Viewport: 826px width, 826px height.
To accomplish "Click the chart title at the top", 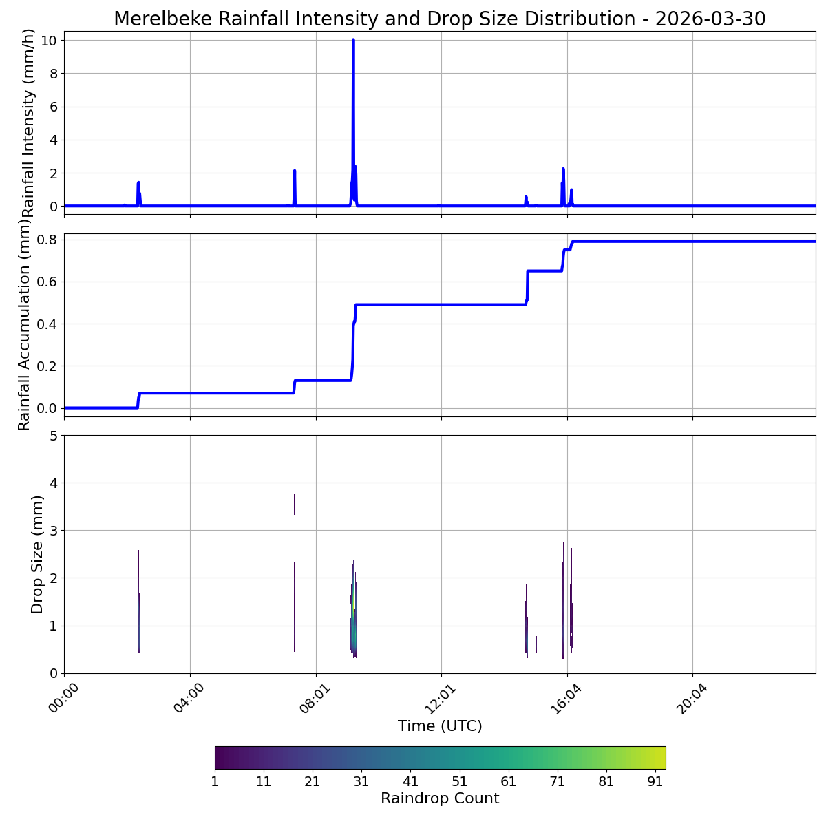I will coord(439,19).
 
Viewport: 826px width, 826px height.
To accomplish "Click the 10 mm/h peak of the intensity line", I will coord(353,41).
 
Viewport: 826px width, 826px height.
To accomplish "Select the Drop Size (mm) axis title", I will coord(37,554).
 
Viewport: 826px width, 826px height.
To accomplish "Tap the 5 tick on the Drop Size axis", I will coord(52,435).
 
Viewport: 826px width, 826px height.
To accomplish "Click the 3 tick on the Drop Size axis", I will coord(52,530).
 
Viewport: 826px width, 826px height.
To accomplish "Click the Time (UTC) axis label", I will coord(439,726).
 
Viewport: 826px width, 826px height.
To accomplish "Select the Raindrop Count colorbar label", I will coord(439,798).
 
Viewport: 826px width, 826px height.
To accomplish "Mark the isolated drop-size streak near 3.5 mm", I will coord(295,505).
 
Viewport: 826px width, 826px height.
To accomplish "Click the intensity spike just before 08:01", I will coord(295,172).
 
